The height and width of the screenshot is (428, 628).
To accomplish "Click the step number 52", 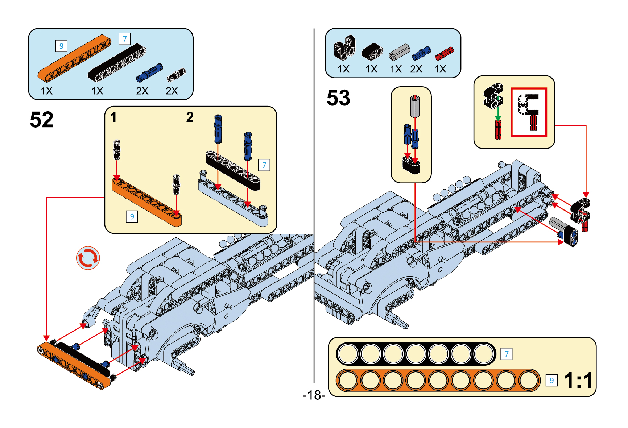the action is pyautogui.click(x=42, y=120).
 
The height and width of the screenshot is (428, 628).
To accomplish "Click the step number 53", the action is pyautogui.click(x=338, y=98).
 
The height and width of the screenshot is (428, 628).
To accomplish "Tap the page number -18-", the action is pyautogui.click(x=314, y=395).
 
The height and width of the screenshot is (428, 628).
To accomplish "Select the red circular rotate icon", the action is pyautogui.click(x=88, y=258).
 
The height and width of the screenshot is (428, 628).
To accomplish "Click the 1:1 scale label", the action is pyautogui.click(x=579, y=381).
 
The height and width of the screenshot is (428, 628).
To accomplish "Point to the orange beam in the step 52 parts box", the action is pyautogui.click(x=74, y=58).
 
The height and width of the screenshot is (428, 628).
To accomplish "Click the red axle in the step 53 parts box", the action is pyautogui.click(x=444, y=54).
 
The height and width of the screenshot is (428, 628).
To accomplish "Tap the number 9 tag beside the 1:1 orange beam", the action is pyautogui.click(x=551, y=381).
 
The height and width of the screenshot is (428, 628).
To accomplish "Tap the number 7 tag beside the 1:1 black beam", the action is pyautogui.click(x=507, y=354).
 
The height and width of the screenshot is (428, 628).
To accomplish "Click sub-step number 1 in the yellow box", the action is pyautogui.click(x=113, y=117).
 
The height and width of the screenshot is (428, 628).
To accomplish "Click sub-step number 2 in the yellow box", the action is pyautogui.click(x=190, y=117).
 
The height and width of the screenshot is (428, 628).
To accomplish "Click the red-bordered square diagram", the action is pyautogui.click(x=529, y=112).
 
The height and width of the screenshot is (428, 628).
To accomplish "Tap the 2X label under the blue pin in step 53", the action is pyautogui.click(x=416, y=69).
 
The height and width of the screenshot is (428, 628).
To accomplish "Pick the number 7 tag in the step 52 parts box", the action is pyautogui.click(x=125, y=39).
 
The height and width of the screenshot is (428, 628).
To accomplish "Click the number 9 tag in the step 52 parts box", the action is pyautogui.click(x=61, y=46).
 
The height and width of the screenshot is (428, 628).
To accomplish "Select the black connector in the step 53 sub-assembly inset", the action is pyautogui.click(x=411, y=165).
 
